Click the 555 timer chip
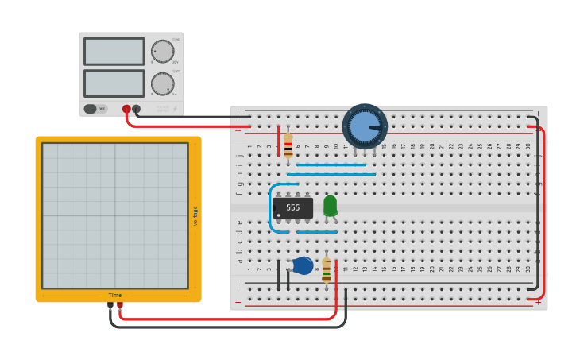tap(292, 207)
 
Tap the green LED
tap(330, 205)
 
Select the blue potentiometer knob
tap(365, 126)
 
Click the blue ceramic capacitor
tap(303, 265)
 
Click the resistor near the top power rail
tap(288, 145)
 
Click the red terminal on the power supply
tap(126, 109)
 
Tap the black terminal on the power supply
tap(137, 109)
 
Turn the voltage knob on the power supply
tap(162, 52)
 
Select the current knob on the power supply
tap(162, 83)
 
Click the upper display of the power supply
tap(114, 52)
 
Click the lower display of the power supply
tap(114, 83)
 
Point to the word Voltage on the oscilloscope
tap(195, 216)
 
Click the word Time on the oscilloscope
tap(115, 296)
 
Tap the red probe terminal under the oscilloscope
tap(120, 305)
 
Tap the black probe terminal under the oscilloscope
tap(110, 305)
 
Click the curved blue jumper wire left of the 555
tap(272, 208)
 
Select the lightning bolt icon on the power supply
tap(176, 109)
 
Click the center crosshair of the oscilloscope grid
tap(115, 215)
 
